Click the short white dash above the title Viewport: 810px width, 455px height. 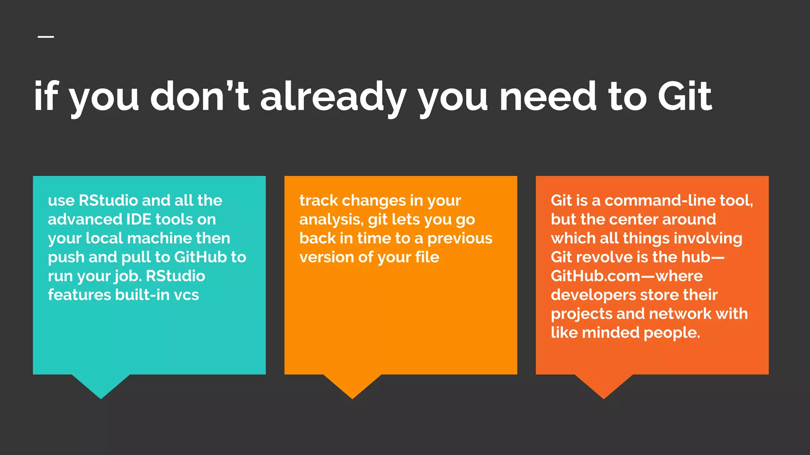(46, 37)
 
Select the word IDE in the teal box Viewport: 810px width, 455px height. (137, 219)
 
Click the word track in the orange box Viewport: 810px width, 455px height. (318, 201)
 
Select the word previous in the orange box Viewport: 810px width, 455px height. (460, 239)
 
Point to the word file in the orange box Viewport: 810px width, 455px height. (427, 257)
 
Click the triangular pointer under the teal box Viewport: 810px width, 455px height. (101, 385)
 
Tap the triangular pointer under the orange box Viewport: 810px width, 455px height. (352, 385)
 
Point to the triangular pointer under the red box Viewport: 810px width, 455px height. (604, 385)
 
